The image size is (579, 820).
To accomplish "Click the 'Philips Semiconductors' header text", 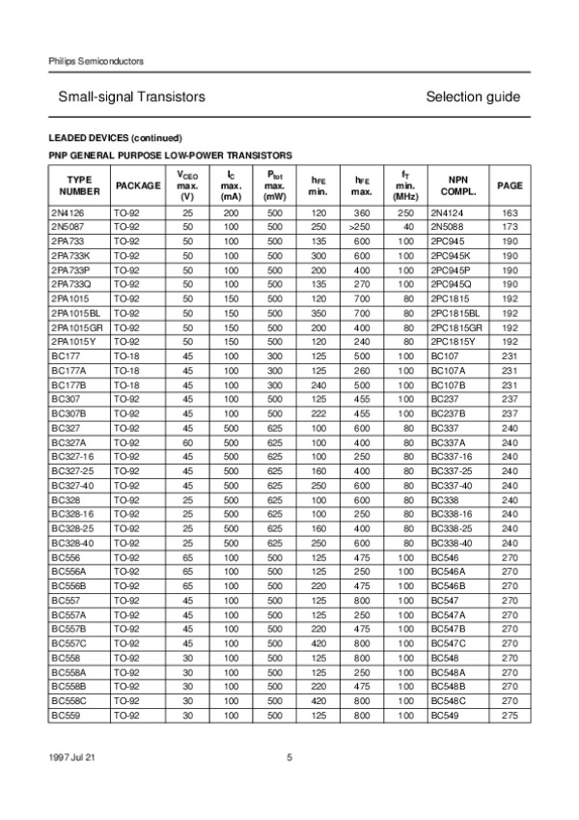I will [96, 61].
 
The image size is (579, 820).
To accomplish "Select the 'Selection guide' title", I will [472, 98].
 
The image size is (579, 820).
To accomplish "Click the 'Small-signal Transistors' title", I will [131, 98].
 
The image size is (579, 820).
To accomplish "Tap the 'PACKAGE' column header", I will [138, 185].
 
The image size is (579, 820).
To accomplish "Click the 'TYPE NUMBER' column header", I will [79, 185].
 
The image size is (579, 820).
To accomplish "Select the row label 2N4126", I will [67, 212].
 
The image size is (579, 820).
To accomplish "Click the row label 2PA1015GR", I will [74, 327].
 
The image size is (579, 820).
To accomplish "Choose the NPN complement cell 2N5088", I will [449, 226].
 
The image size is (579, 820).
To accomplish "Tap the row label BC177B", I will [67, 384].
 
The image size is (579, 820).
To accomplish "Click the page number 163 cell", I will [509, 212].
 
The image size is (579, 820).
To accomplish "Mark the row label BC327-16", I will [70, 457].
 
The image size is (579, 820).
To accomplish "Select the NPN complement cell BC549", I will [445, 716].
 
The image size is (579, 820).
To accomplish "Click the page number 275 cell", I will [509, 716].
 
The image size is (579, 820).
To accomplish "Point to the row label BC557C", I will [68, 643].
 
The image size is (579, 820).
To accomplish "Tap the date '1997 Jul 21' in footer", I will [71, 757].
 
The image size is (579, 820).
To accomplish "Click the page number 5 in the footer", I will [289, 757].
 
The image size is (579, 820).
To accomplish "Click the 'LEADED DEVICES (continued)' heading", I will [115, 137].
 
